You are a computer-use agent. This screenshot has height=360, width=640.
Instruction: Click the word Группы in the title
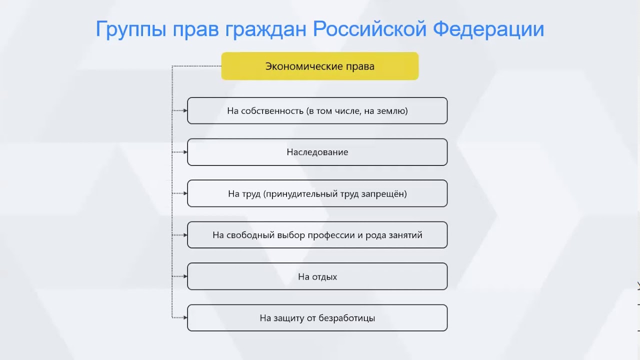point(130,29)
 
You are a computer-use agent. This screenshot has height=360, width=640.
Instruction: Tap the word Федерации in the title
point(488,29)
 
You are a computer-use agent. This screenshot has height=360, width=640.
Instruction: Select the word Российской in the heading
point(369,29)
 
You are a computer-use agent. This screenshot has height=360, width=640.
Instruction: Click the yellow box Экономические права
point(319,66)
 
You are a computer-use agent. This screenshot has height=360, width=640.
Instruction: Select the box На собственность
point(317,111)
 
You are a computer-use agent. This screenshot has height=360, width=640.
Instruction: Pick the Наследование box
point(317,152)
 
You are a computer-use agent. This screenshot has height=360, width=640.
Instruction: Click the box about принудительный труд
point(317,194)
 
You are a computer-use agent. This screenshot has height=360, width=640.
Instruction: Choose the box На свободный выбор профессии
point(317,235)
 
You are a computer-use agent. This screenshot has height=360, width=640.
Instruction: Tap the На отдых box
point(317,276)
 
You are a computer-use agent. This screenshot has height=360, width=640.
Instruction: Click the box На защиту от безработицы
point(317,318)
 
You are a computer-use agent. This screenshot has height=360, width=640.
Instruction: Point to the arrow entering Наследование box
point(181,152)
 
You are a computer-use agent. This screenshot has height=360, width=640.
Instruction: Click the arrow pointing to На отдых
point(181,276)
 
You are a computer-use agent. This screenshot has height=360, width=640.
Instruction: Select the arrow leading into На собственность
point(181,110)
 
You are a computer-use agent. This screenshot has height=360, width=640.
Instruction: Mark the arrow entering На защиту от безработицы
point(181,317)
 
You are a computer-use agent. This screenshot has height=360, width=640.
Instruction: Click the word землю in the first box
point(393,111)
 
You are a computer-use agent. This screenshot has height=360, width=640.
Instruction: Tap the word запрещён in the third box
point(383,194)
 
